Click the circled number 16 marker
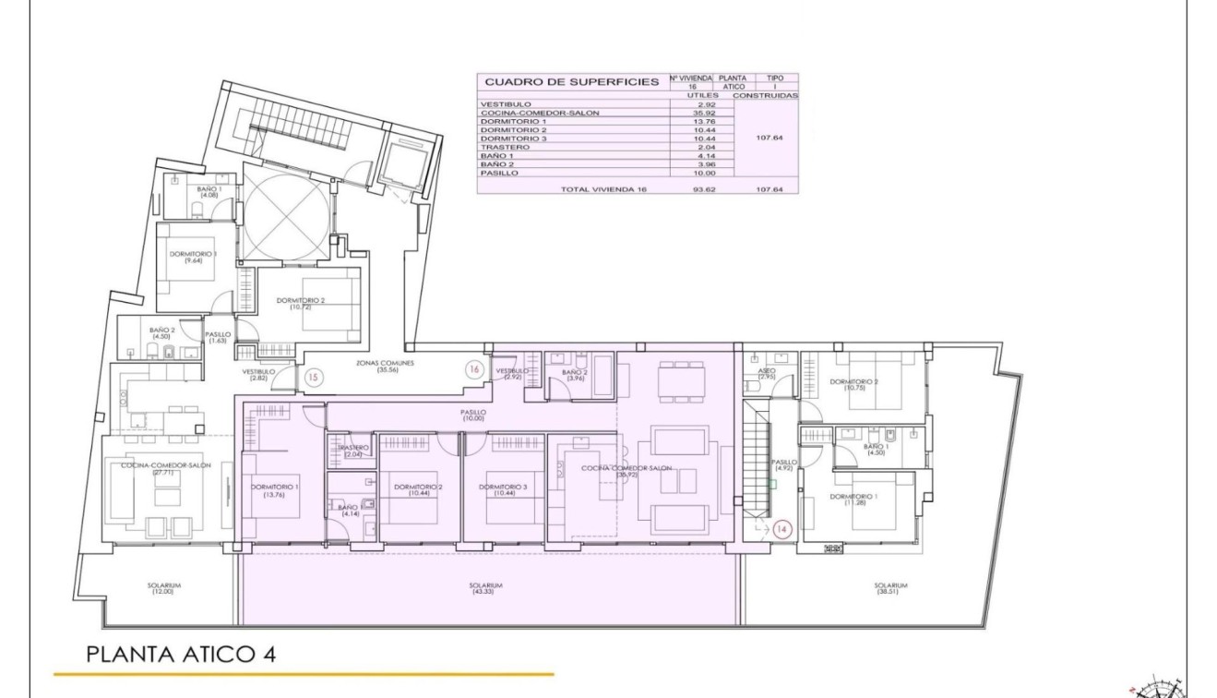(474, 368)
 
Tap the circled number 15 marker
(313, 377)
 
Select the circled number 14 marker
(782, 529)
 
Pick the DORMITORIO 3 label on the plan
(503, 489)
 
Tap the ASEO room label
(767, 373)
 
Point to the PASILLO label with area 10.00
(473, 415)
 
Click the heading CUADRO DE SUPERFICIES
(572, 82)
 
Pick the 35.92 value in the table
(703, 114)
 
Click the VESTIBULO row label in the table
(506, 105)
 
